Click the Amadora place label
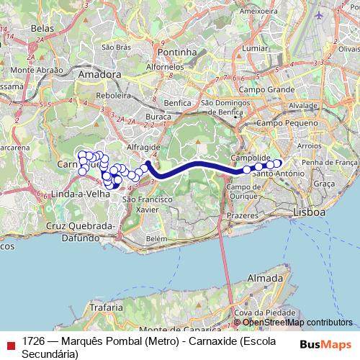click(99, 74)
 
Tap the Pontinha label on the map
click(177, 53)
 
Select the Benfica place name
click(178, 103)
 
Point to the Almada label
click(264, 277)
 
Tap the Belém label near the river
click(156, 238)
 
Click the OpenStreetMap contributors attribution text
click(297, 323)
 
